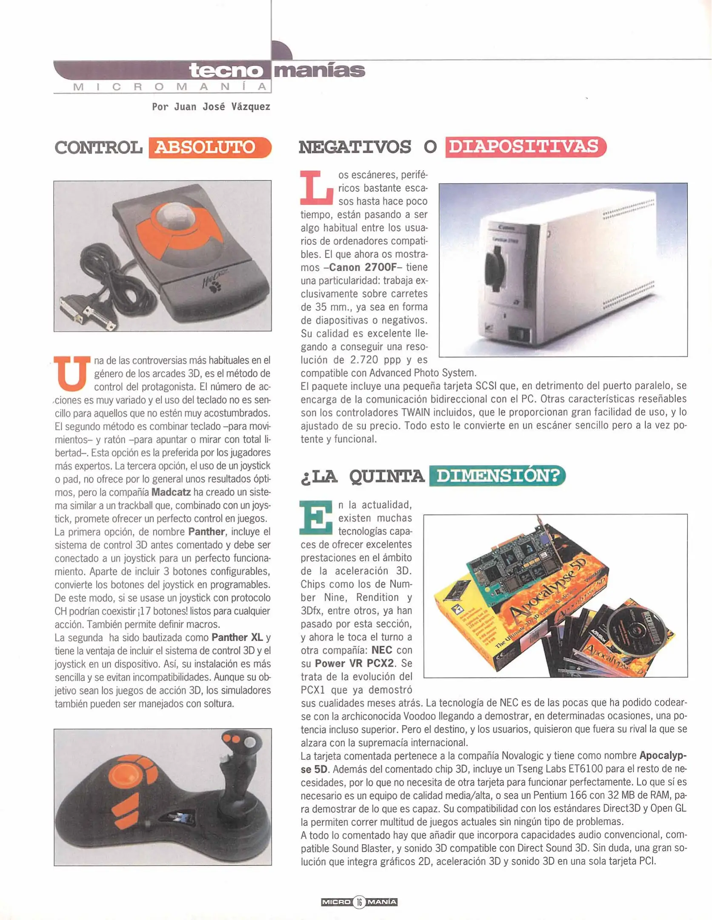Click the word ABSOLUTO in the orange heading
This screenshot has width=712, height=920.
click(205, 147)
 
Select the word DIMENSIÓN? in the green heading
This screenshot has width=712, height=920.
click(498, 475)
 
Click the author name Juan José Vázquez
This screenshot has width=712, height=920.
click(222, 106)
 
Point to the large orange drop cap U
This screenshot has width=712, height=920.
click(71, 374)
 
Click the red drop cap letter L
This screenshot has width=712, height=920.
click(317, 187)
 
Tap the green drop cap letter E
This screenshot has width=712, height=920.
click(316, 517)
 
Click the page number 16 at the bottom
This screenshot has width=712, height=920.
click(359, 902)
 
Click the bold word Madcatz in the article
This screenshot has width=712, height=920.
click(171, 492)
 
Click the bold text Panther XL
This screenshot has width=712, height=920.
click(237, 637)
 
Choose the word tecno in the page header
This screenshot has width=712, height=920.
click(226, 70)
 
